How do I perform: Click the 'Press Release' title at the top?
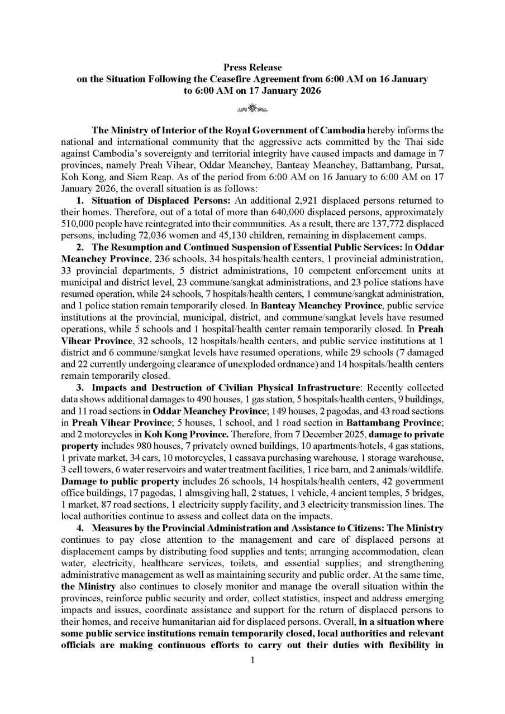click(252, 67)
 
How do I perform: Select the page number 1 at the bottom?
click(252, 660)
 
